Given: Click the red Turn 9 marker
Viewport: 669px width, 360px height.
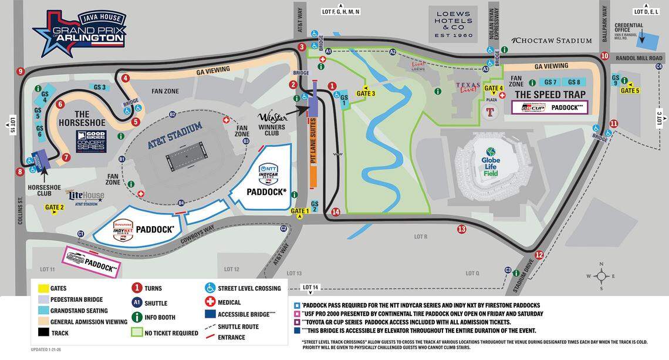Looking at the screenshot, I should click(x=21, y=72).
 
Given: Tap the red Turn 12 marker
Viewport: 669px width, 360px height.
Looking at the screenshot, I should click(x=539, y=255).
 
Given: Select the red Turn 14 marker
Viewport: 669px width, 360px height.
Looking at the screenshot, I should click(x=336, y=212).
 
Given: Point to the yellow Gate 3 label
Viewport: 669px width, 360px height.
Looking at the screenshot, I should click(x=365, y=93).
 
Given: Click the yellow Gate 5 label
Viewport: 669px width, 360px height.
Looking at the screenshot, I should click(x=629, y=90).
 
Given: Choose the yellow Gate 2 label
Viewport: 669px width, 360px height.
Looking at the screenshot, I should click(x=54, y=207).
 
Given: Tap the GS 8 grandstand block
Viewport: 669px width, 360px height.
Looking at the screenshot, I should click(x=574, y=82).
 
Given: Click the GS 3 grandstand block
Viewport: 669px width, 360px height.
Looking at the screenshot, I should click(x=99, y=88).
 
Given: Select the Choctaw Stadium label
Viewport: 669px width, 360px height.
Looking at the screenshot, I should click(x=552, y=41).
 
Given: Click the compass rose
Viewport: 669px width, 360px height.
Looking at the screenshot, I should click(x=601, y=277).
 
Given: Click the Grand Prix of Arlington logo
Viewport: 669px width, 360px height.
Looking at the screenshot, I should click(x=79, y=33).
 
